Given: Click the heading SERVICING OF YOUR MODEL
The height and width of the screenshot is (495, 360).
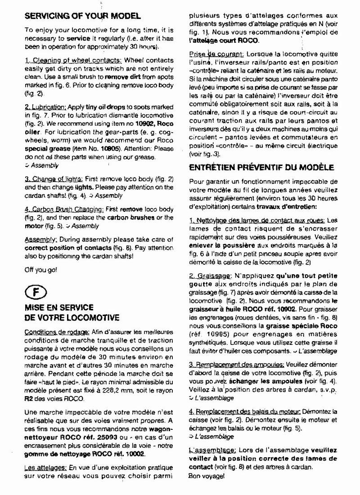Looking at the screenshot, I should point(82,16).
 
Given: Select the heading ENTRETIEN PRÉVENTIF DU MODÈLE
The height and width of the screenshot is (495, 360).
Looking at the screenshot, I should point(261,167).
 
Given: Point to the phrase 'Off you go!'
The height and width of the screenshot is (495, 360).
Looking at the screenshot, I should point(40,271).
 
